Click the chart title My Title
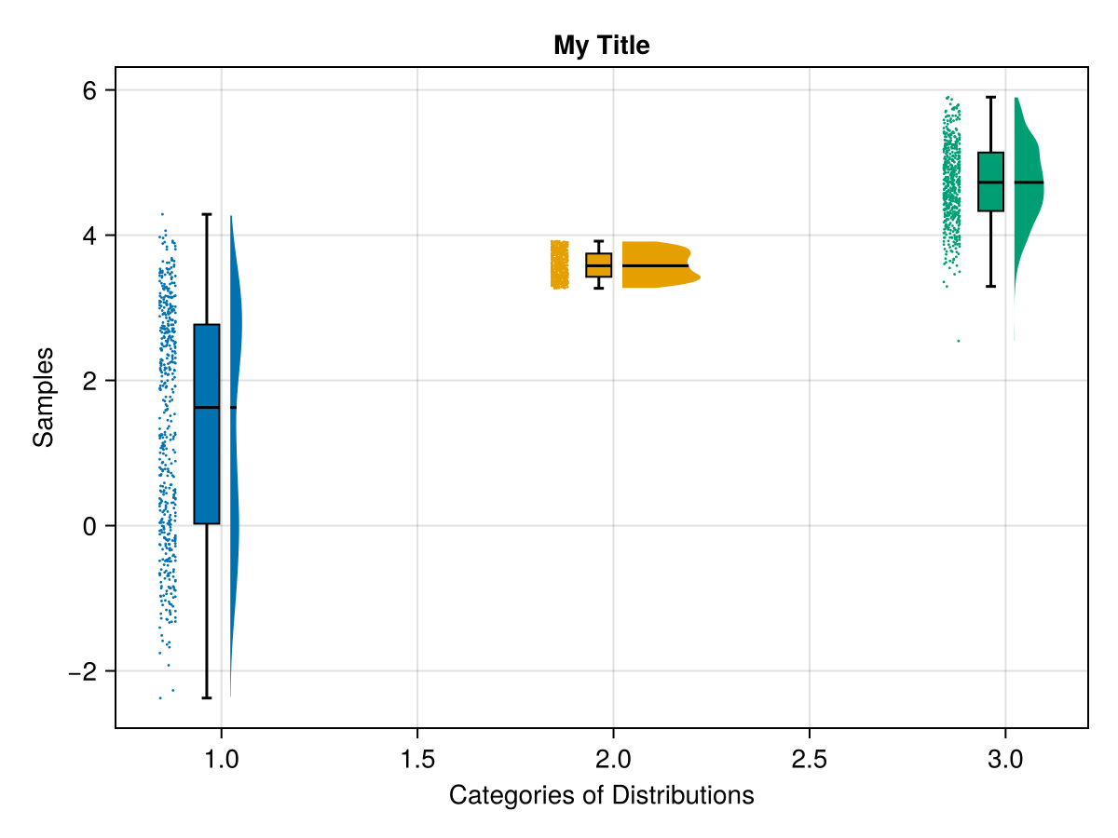click(601, 45)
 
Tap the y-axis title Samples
click(43, 397)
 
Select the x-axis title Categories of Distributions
click(601, 796)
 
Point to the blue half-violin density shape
click(235, 372)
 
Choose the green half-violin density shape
click(1027, 186)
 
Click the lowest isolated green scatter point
click(958, 341)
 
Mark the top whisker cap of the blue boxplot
click(207, 214)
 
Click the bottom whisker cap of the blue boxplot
click(207, 697)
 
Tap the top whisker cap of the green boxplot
click(990, 97)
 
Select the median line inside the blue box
click(207, 408)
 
